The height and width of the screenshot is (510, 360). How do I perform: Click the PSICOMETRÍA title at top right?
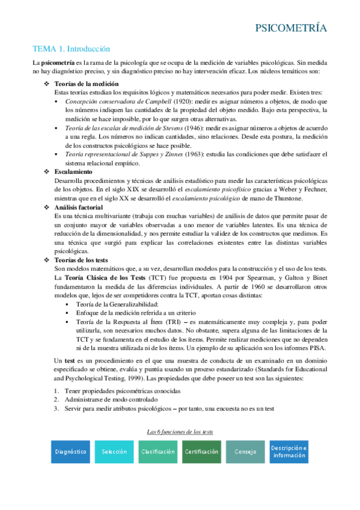coord(291,28)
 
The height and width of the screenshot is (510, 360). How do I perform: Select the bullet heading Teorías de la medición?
coord(86,84)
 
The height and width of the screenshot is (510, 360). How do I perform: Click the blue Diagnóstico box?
coord(70,451)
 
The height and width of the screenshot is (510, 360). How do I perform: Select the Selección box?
coord(114,451)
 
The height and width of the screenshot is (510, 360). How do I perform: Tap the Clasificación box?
coord(158,451)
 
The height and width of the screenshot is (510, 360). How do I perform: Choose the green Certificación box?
coord(201,451)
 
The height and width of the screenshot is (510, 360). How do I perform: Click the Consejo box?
coord(245,451)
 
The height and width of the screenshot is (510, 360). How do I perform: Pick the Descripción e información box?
coord(288,451)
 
